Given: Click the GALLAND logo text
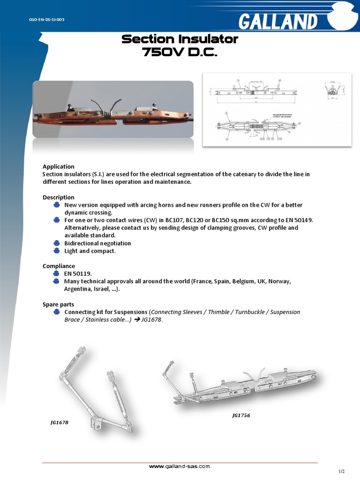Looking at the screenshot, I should coord(278,22).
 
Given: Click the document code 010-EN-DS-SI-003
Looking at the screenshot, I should coord(47,20).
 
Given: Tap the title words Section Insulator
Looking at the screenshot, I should coord(180,39).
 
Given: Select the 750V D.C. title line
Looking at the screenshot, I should coord(180,53).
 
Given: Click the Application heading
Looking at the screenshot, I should coord(58,166).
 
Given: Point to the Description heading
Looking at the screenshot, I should coord(58,197).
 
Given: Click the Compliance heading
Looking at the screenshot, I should coord(59,266).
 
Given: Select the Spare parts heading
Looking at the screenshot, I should coord(58,304).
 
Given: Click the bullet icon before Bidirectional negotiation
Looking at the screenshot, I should coord(56,243).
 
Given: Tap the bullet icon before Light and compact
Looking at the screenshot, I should coord(56,251).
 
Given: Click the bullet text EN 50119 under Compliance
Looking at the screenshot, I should coord(78,273).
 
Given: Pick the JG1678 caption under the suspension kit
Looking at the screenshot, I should coord(60,422).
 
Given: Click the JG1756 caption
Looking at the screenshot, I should coord(241,415).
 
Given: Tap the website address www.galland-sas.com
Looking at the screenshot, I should coord(179,466).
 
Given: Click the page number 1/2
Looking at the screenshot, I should coord(341,471).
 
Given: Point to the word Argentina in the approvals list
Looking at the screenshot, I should coord(77,289).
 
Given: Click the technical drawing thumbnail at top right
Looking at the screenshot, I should coord(277,110).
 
